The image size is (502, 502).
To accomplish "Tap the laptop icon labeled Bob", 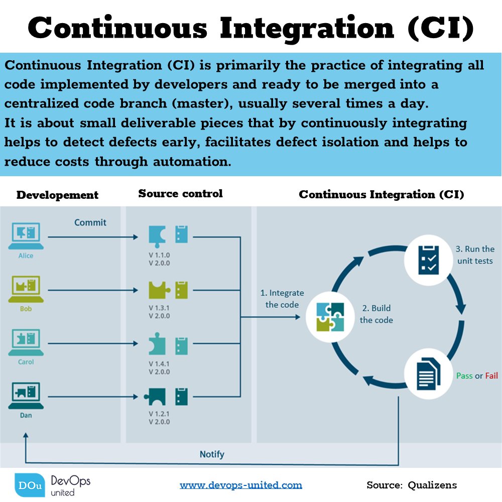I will click(26, 290).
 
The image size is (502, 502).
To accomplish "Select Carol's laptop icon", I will click(26, 342).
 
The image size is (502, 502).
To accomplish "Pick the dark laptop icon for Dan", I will click(26, 396).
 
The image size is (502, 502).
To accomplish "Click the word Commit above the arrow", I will click(90, 222).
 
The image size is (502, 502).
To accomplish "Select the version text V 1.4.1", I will click(159, 363).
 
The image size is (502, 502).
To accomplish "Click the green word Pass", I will click(464, 375).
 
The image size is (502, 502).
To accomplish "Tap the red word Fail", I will click(491, 375).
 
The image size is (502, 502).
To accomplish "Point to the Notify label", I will click(212, 454).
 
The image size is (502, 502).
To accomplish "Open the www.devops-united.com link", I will click(241, 485).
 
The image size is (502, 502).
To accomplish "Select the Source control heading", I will click(180, 194).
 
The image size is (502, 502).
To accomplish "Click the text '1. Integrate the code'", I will click(282, 299).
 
